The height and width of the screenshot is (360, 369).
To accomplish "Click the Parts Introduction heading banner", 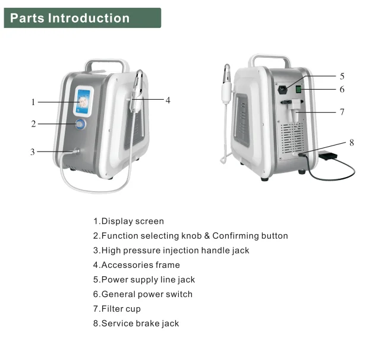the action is [82, 18].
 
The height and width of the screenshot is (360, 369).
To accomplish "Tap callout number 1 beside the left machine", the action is [33, 102].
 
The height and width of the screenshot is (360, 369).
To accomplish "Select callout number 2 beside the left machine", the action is [33, 124].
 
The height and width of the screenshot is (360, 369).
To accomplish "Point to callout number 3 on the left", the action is [33, 152].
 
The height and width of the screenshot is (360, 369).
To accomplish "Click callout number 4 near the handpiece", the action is [168, 100].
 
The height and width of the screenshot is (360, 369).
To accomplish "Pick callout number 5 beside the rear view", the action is [342, 76].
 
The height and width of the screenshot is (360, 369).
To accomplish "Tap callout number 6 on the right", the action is [342, 90].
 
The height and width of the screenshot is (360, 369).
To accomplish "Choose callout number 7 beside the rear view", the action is [342, 112].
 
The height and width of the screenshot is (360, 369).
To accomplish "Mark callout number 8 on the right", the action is [351, 143].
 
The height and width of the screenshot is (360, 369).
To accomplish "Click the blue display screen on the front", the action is [83, 101].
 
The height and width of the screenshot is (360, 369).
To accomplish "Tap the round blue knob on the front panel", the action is [80, 124].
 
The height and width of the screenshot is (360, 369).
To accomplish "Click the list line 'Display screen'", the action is [128, 222].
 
